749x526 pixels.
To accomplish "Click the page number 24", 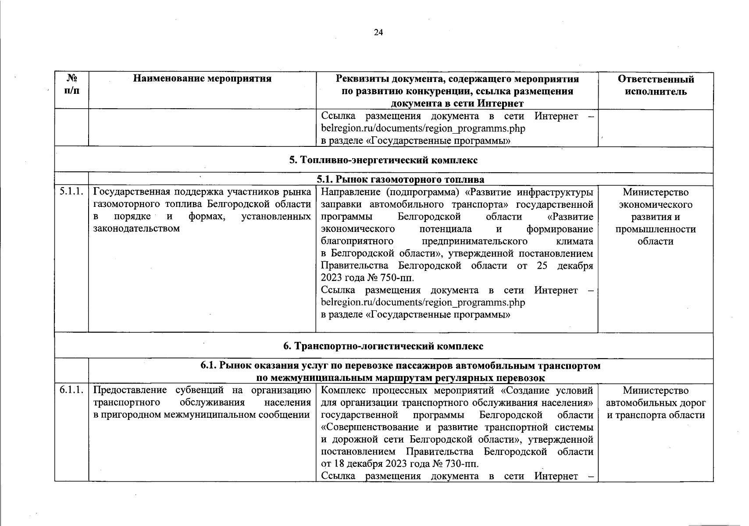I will [378, 32].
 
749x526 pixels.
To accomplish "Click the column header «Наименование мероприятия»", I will [202, 79].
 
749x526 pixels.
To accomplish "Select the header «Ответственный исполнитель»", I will [656, 85].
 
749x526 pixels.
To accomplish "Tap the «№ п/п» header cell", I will [71, 85].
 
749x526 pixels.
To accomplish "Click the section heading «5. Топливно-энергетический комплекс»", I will [384, 160].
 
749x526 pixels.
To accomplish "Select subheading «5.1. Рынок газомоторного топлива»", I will [400, 180].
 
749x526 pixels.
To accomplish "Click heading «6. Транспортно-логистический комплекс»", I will [384, 346].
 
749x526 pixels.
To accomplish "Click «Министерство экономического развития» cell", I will [656, 217].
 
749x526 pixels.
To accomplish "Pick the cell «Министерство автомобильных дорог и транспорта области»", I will [656, 402].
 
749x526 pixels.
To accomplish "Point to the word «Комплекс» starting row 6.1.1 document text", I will [342, 390].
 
